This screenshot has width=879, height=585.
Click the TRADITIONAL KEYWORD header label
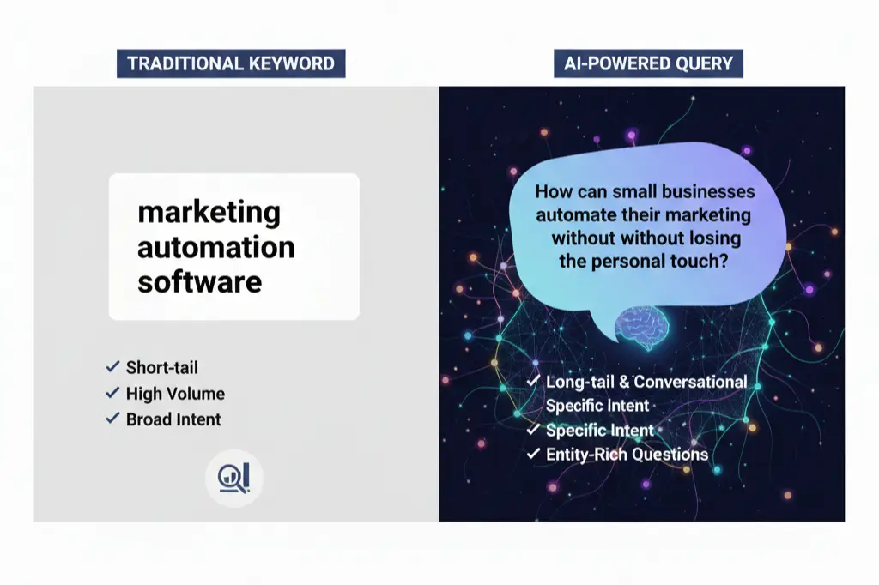[x=231, y=63]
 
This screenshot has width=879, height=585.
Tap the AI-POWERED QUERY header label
[x=648, y=63]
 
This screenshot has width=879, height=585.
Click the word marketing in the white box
[x=209, y=212]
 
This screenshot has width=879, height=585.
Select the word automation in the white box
[x=215, y=247]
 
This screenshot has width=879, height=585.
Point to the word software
[x=199, y=281]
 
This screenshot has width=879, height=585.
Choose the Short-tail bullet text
[x=161, y=367]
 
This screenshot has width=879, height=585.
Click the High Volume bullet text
[x=175, y=394]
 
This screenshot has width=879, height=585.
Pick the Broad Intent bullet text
[x=173, y=419]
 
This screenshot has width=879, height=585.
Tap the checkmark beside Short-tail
[x=112, y=367]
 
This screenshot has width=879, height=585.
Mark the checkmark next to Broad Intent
[x=112, y=419]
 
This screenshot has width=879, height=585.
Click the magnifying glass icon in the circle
[x=233, y=477]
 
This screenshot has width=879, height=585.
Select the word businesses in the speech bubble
[x=698, y=192]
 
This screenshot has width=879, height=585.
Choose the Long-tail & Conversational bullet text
[x=646, y=381]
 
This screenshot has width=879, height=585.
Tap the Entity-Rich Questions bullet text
[x=627, y=454]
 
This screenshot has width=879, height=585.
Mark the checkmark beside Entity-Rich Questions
[x=533, y=454]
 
